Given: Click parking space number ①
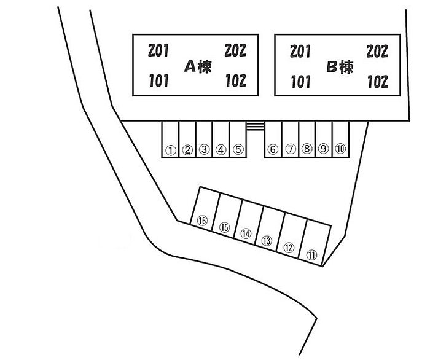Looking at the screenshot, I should point(170,149).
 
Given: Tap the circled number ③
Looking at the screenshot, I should point(205,149).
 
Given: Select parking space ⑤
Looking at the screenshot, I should point(239,149).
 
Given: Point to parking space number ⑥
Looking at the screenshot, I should point(273,149).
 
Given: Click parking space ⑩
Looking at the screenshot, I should point(341,149).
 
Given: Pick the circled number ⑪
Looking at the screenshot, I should point(311,254).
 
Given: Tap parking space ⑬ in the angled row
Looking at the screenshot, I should point(267,241).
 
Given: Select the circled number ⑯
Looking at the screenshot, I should point(201,221).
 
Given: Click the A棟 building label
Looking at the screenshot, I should point(198,67).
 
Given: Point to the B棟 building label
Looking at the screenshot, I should point(340,67).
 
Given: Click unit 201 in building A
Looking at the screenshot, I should point(158,50).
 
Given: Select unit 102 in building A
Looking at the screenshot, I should point(236,81).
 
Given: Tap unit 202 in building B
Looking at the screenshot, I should point(377,51).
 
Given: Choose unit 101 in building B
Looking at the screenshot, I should point(300,81).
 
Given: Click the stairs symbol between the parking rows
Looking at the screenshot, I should point(256,126).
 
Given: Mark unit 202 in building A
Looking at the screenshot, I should point(236,50).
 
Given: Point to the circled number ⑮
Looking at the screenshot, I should point(224,228).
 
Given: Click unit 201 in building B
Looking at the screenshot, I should point(300,51).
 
